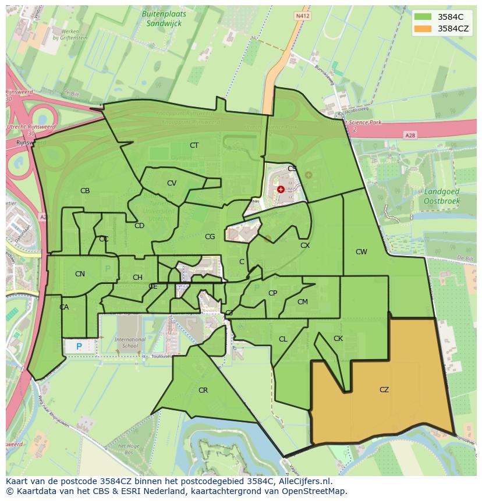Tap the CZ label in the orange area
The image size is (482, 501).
(384, 390)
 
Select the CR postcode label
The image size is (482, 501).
(203, 390)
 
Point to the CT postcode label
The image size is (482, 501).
(194, 145)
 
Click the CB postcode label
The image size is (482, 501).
(85, 191)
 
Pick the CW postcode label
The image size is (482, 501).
(361, 252)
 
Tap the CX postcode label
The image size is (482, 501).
(305, 246)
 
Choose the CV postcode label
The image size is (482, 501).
(171, 183)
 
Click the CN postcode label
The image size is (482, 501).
(80, 274)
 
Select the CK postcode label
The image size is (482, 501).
(338, 339)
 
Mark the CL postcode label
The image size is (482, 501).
(283, 339)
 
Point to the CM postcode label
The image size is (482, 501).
(302, 302)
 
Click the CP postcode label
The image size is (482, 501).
(272, 293)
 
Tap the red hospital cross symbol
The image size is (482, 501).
(281, 189)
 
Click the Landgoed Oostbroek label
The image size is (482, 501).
(442, 197)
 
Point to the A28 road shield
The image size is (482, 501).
(411, 135)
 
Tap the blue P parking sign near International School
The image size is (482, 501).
(79, 347)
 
